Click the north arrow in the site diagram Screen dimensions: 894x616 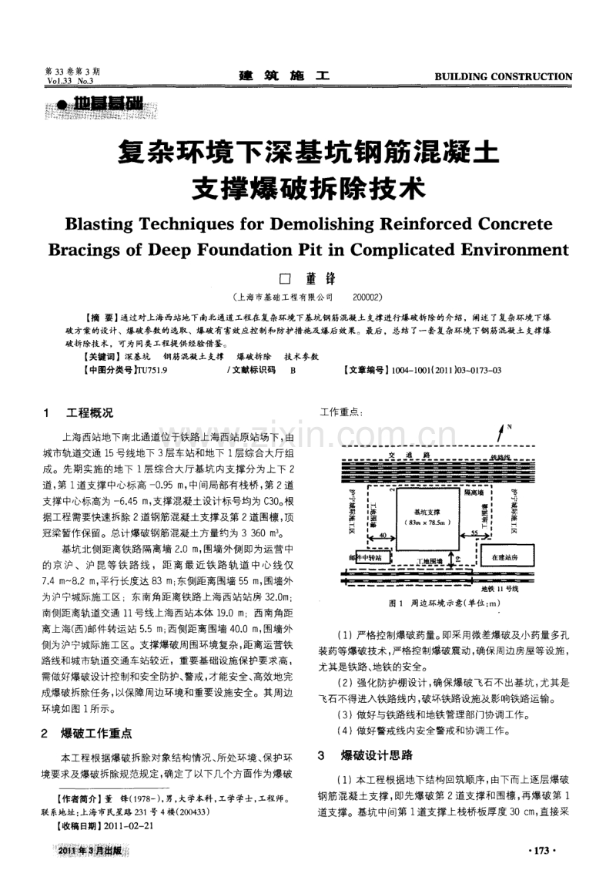point(501,432)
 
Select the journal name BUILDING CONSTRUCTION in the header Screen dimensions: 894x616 point(504,77)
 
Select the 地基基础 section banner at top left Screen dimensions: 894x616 point(103,104)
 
